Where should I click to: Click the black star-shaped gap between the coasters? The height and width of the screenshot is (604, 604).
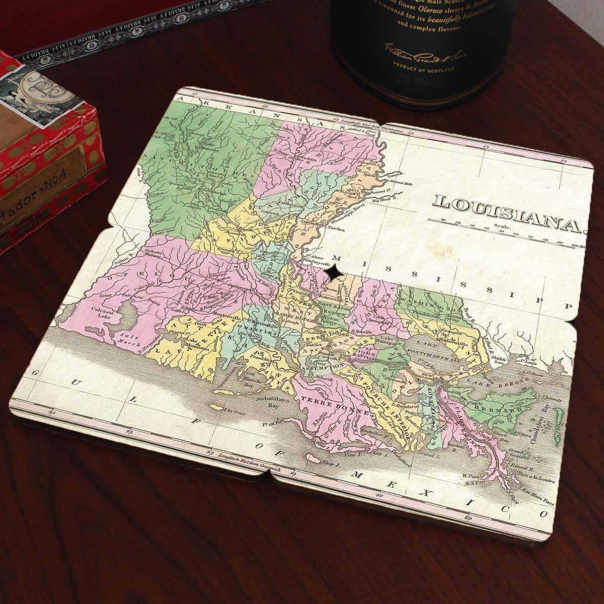point(333,272)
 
